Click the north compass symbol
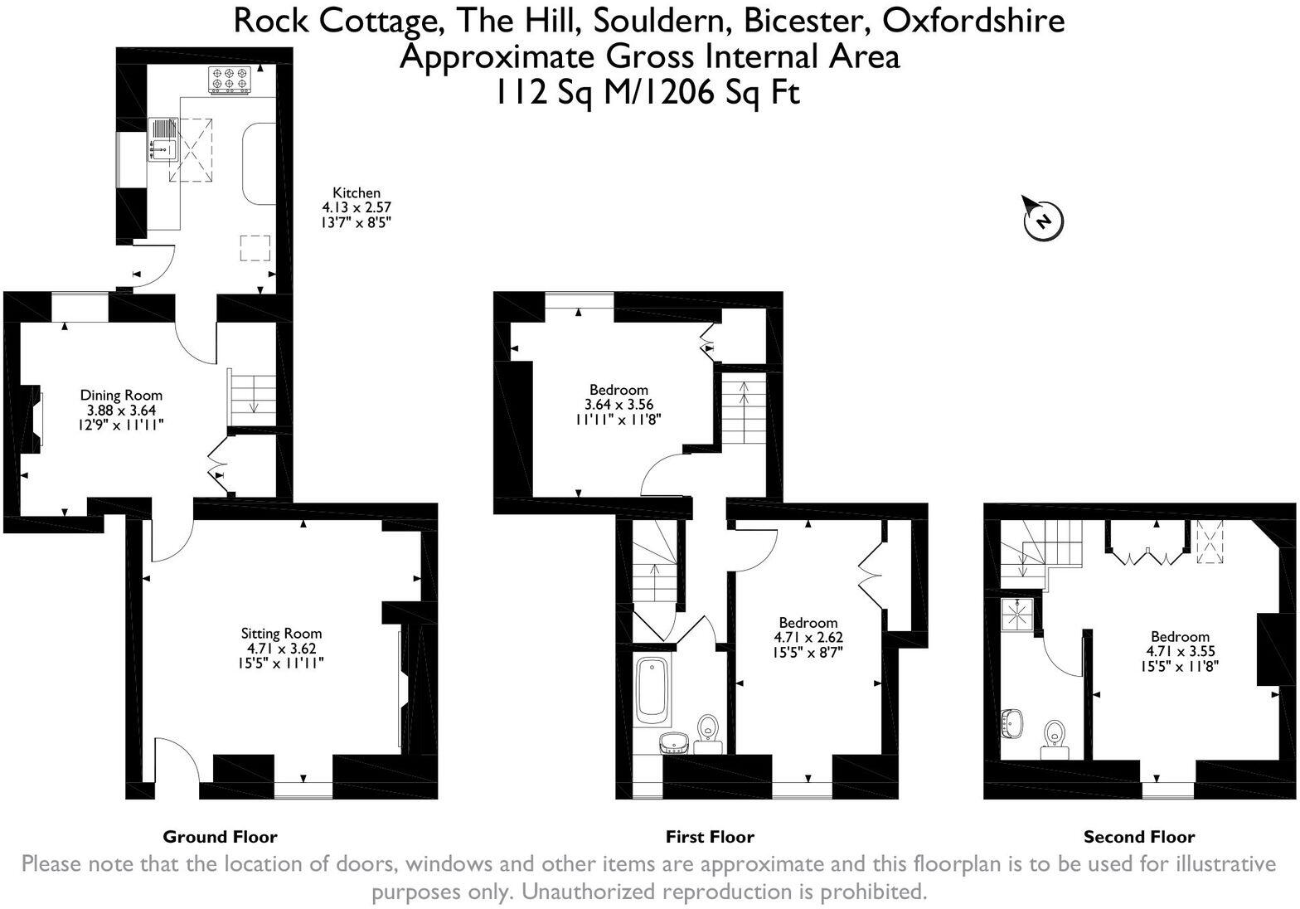pos(1043,220)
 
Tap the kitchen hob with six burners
pos(230,78)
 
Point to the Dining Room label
pos(121,395)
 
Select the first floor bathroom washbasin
pos(675,741)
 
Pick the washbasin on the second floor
pos(1012,723)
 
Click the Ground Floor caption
pos(220,837)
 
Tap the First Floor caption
pos(710,837)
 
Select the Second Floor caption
pos(1139,837)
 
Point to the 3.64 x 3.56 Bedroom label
pos(618,390)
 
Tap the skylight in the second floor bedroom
pos(1209,544)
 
